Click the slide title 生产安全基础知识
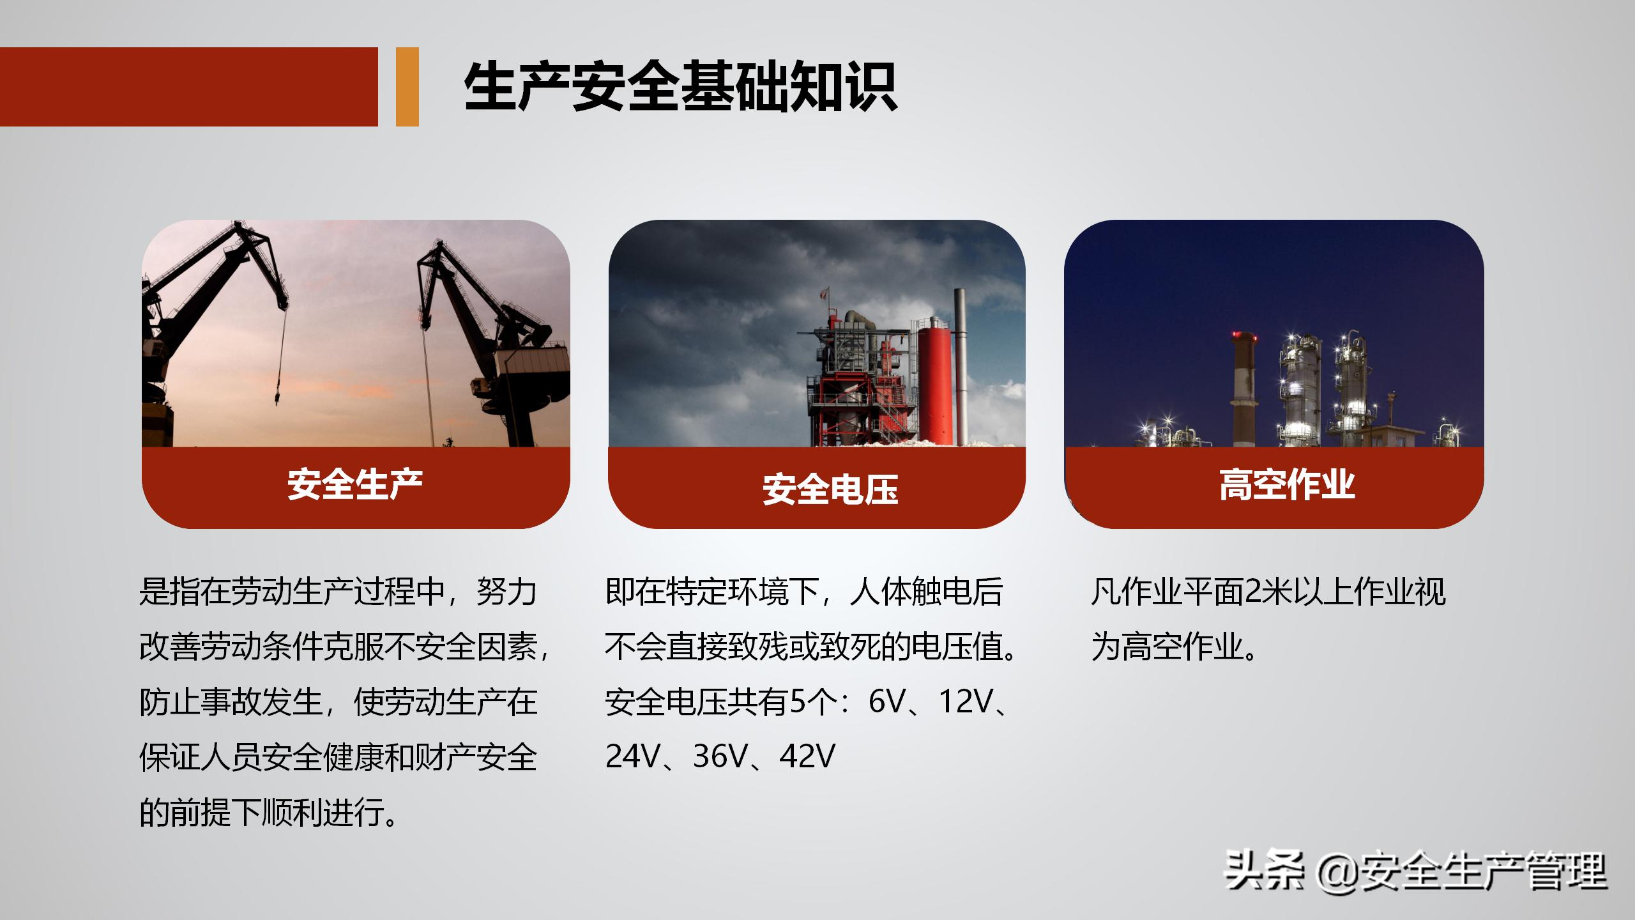(x=680, y=88)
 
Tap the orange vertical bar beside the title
(x=407, y=87)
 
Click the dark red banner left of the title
(x=188, y=87)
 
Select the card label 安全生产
(x=355, y=484)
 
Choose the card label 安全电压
(x=830, y=490)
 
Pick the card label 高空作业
(x=1287, y=484)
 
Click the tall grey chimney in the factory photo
(x=960, y=364)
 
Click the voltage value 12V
(x=964, y=702)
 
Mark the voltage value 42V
(x=807, y=757)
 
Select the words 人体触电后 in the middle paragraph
(x=927, y=592)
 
